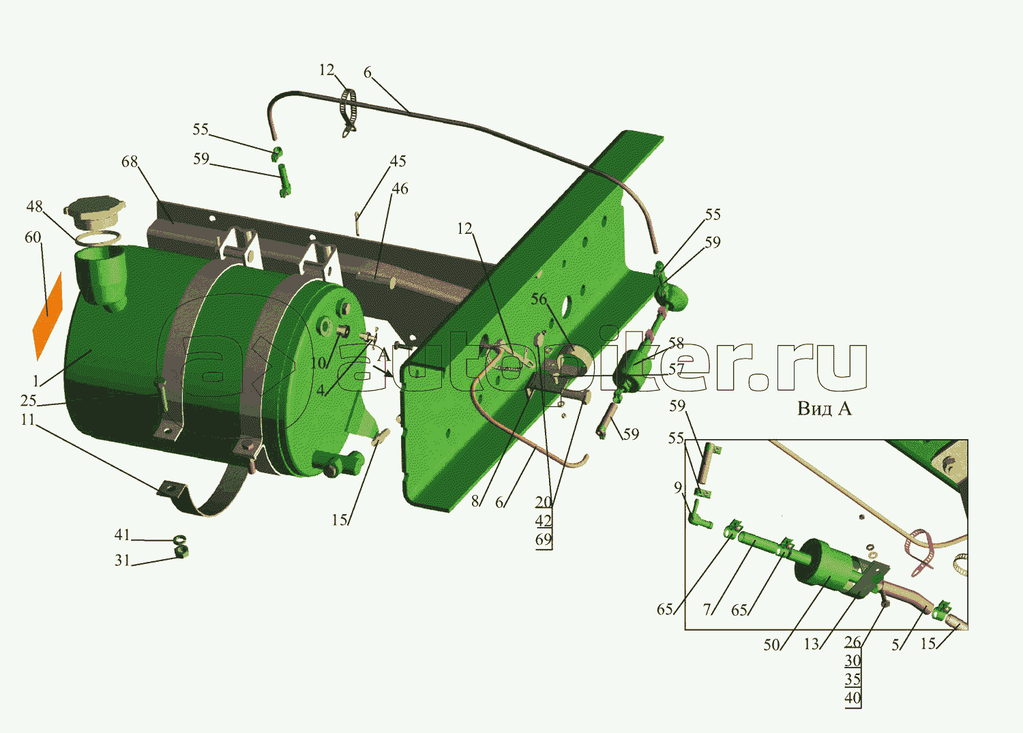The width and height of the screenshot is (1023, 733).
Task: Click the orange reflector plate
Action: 48,316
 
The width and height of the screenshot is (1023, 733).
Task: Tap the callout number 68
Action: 130,161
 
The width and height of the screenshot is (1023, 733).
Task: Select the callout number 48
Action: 34,207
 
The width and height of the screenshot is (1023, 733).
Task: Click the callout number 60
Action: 33,237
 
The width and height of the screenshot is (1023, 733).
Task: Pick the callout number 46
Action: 400,189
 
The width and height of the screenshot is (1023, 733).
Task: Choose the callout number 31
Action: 122,560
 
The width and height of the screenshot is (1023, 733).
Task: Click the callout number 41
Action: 122,535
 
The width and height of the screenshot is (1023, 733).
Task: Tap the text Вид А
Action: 825,408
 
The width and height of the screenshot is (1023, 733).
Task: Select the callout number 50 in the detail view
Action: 771,644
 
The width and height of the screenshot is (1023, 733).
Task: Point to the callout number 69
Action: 544,539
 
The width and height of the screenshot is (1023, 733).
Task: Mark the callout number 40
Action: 853,698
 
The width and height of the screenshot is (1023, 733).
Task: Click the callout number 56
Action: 539,299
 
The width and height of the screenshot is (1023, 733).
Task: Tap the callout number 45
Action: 398,161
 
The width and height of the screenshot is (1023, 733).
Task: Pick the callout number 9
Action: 678,488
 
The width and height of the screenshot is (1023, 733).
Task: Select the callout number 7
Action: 707,609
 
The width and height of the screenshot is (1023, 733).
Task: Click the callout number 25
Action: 29,400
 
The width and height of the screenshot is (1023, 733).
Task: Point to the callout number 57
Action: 677,369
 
